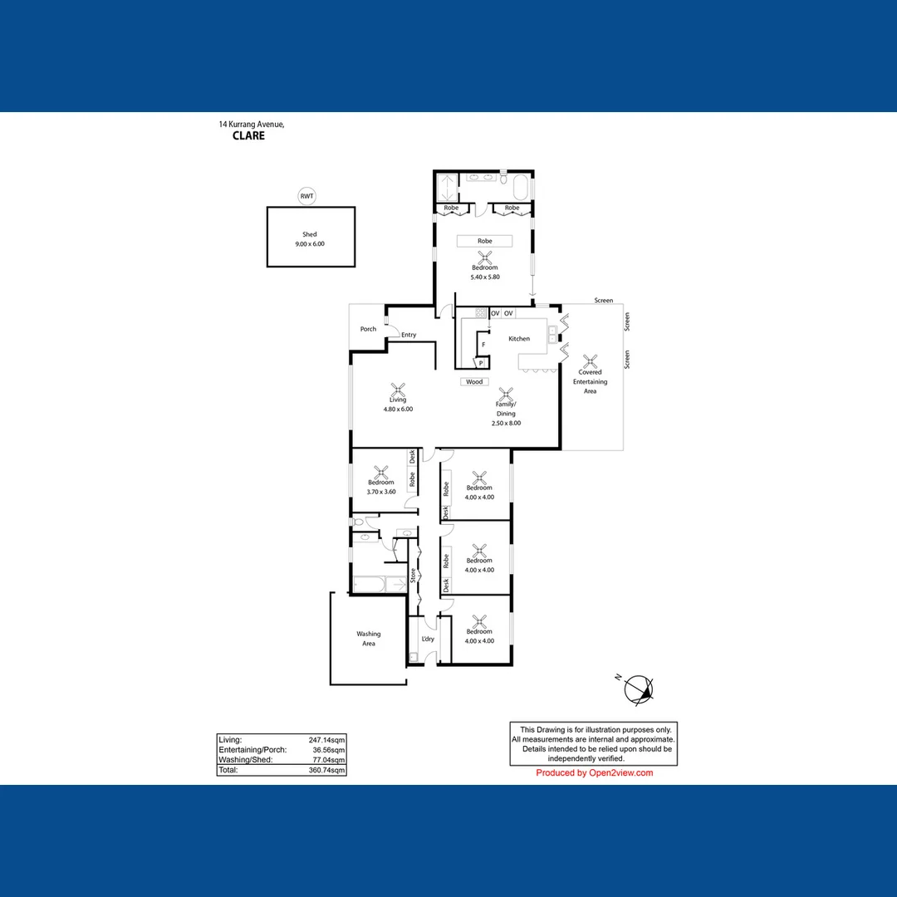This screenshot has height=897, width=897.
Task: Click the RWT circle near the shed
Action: [x=307, y=196]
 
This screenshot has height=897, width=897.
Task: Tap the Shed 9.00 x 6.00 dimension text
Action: [x=310, y=244]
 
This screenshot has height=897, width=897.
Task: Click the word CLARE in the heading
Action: [x=248, y=135]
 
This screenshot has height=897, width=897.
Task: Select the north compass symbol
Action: [x=639, y=689]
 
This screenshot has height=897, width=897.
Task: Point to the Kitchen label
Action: [x=519, y=339]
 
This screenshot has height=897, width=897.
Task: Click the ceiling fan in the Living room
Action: [x=398, y=388]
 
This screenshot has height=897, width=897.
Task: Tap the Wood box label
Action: [x=473, y=382]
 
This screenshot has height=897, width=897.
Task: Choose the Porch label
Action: [x=368, y=329]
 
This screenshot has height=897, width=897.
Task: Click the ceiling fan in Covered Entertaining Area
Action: [x=591, y=361]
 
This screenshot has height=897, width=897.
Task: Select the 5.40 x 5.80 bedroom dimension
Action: [x=484, y=277]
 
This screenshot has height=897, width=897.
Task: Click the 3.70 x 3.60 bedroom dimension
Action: [x=381, y=492]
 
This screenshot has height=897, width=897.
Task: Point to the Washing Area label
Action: [x=369, y=639]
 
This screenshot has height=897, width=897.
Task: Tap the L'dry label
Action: [x=428, y=639]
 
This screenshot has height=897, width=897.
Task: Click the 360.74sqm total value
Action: [x=328, y=770]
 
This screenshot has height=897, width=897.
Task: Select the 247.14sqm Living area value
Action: [x=328, y=739]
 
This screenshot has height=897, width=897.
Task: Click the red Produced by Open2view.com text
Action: [x=594, y=773]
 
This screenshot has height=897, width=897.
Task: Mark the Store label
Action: [x=413, y=575]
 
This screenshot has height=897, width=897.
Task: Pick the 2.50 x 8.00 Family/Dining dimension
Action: [x=506, y=424]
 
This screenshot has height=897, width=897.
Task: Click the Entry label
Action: [x=409, y=336]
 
